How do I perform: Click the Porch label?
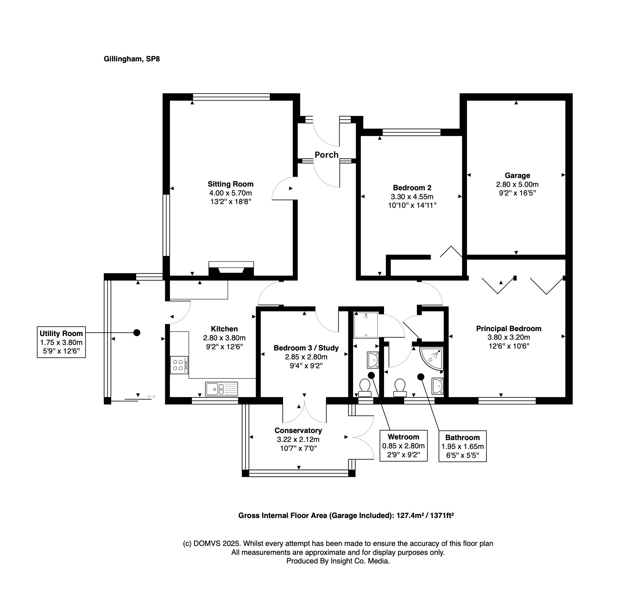pos(326,155)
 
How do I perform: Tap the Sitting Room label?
pos(231,184)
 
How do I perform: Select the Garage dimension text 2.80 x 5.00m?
pos(517,184)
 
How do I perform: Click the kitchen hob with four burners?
pos(179,365)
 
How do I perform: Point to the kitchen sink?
pos(221,389)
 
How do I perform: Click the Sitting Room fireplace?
pos(231,269)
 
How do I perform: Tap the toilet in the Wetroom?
pos(365,388)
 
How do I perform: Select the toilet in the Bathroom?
pos(400,388)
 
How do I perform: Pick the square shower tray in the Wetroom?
pos(366,325)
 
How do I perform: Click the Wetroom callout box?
pos(403,446)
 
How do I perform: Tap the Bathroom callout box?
pos(462,446)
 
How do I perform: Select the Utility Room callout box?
pos(61,342)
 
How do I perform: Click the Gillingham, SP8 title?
pos(132,59)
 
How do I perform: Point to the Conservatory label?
pos(298,431)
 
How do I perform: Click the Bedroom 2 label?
pos(412,188)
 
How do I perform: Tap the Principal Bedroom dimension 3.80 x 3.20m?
pos(509,337)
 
